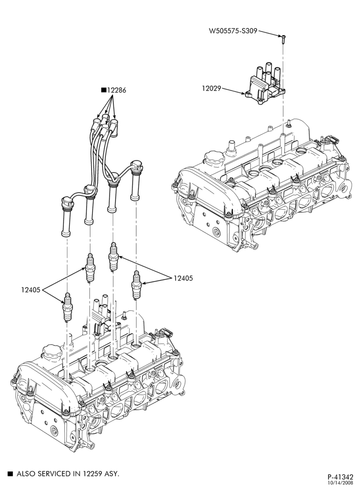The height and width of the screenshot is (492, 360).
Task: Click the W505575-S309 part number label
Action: click(x=234, y=31)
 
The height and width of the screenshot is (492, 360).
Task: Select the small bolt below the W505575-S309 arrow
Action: click(x=283, y=39)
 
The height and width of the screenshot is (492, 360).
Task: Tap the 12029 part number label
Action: click(x=211, y=89)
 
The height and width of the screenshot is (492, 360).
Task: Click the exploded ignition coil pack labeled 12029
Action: click(x=265, y=84)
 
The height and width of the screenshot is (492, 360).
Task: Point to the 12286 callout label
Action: click(x=117, y=90)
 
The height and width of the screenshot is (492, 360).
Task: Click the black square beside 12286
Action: click(x=104, y=90)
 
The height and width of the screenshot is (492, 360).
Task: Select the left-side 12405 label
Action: click(x=30, y=290)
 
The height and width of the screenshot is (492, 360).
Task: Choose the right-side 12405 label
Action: click(x=183, y=278)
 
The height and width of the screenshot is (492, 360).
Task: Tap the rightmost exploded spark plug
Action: click(x=136, y=284)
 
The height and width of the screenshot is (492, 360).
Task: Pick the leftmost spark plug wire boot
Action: click(x=66, y=216)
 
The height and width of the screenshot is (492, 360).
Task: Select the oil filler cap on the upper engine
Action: click(x=214, y=158)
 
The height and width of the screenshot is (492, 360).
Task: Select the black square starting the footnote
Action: click(x=11, y=473)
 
